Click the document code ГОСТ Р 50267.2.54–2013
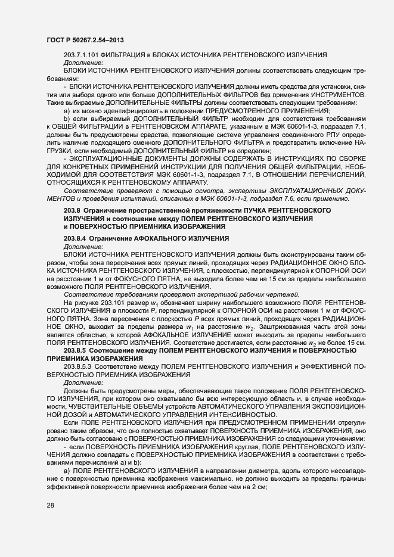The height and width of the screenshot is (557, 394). pos(85,40)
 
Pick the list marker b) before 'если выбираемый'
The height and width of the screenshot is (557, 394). pos(66,119)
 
